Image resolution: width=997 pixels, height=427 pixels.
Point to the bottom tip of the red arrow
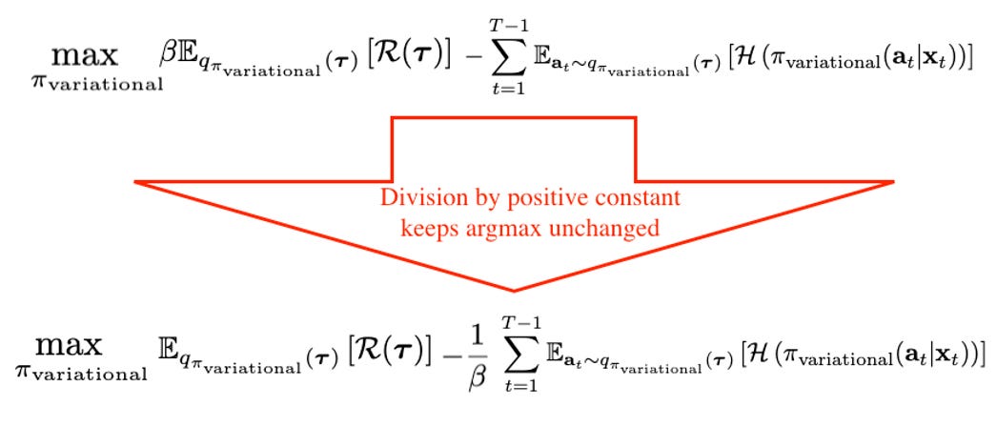click(x=515, y=290)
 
